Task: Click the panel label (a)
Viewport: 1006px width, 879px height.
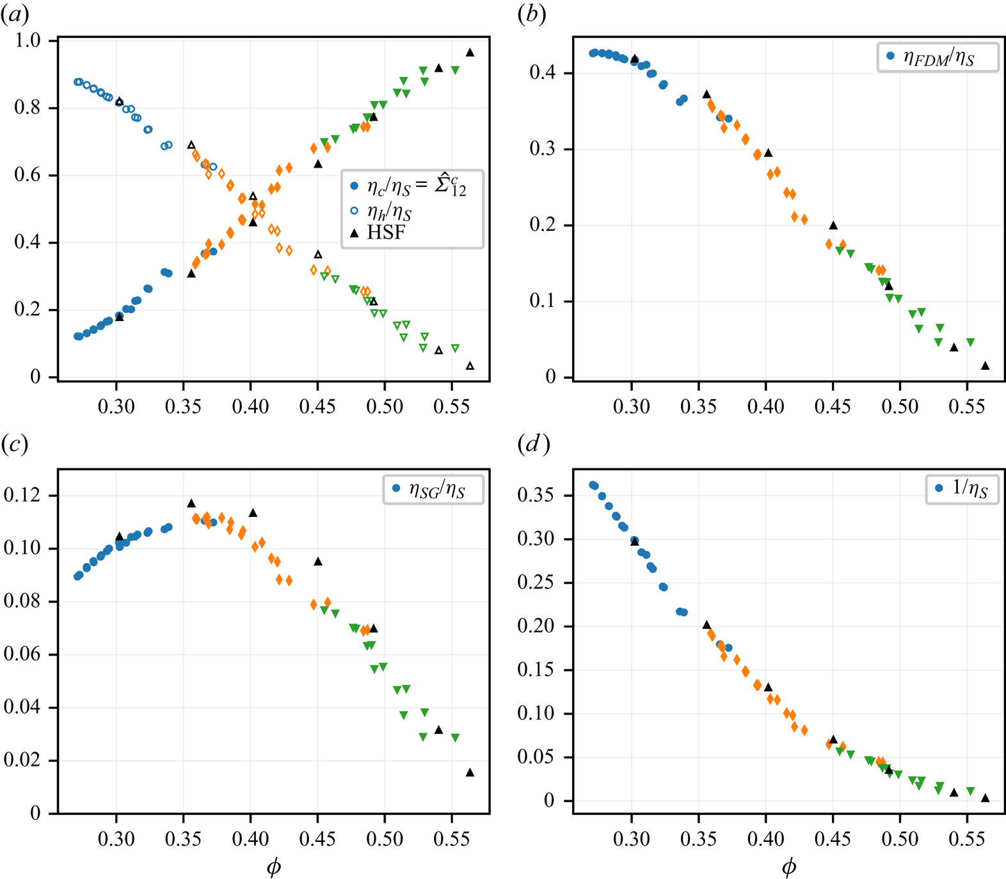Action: (x=14, y=15)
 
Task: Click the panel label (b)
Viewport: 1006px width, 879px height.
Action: (x=531, y=15)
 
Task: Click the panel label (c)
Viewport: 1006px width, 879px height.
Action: (x=14, y=443)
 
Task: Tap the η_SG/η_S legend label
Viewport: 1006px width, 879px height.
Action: (x=437, y=490)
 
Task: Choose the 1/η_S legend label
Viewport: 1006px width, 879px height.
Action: (x=970, y=489)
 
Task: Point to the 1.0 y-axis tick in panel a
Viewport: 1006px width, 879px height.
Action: (x=28, y=40)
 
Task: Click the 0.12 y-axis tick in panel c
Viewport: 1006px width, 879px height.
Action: (x=22, y=495)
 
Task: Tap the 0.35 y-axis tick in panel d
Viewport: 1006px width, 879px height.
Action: (x=536, y=495)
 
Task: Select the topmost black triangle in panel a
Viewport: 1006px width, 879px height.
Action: (x=470, y=52)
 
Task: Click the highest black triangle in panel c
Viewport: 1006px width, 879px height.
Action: (x=191, y=503)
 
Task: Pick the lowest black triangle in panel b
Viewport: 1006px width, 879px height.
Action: (x=986, y=366)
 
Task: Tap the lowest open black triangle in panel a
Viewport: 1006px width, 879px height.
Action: (x=470, y=366)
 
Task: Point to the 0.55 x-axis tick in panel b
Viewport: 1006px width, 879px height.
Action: (x=966, y=407)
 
